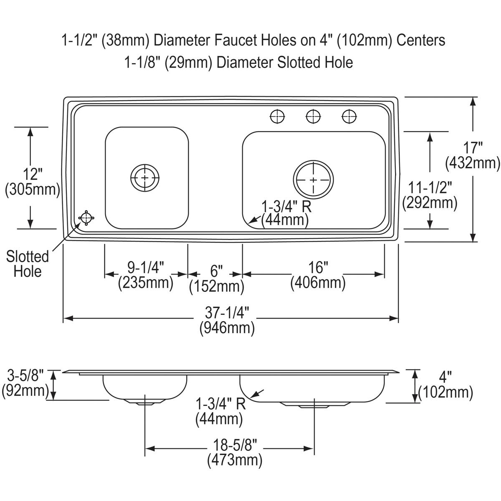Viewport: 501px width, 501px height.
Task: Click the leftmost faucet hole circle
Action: tap(276, 116)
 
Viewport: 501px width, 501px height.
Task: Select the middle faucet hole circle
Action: tap(313, 116)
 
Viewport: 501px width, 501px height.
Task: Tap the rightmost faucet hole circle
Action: tap(349, 116)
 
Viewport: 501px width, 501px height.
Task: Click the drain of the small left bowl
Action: tap(144, 177)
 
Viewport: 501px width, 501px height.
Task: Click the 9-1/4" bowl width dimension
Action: tap(145, 266)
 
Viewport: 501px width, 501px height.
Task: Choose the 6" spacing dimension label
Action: tap(215, 272)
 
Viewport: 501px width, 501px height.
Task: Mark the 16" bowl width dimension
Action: tap(318, 266)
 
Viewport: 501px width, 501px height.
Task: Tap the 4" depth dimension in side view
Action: tap(445, 378)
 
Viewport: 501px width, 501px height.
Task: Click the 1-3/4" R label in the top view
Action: tap(286, 206)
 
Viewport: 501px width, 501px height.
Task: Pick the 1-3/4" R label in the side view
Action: tap(220, 404)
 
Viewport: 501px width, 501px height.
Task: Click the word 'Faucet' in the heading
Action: tap(235, 40)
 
